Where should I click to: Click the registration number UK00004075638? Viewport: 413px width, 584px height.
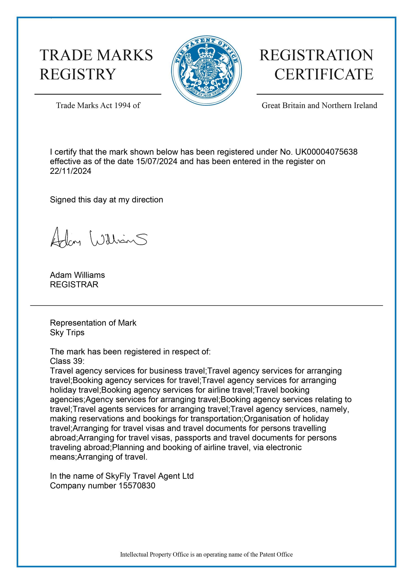click(326, 152)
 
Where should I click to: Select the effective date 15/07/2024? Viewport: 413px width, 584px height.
click(157, 162)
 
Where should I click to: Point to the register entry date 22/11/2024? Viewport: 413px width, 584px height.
click(70, 171)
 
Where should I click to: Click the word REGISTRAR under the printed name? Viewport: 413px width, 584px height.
click(74, 285)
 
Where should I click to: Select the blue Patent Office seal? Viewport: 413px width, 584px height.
click(206, 71)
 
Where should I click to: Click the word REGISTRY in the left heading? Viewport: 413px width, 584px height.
click(78, 74)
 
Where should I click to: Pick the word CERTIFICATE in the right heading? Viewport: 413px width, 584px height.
click(324, 74)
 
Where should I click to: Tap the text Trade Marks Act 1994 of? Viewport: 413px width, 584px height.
click(98, 105)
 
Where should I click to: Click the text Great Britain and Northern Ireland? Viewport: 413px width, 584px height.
click(319, 105)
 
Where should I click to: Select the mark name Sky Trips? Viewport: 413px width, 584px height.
click(67, 333)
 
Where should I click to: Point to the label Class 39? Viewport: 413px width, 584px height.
click(67, 361)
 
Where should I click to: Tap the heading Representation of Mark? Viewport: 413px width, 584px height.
click(93, 323)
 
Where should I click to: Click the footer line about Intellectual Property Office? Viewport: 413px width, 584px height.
click(206, 555)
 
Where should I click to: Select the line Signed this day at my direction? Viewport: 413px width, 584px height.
click(106, 200)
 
